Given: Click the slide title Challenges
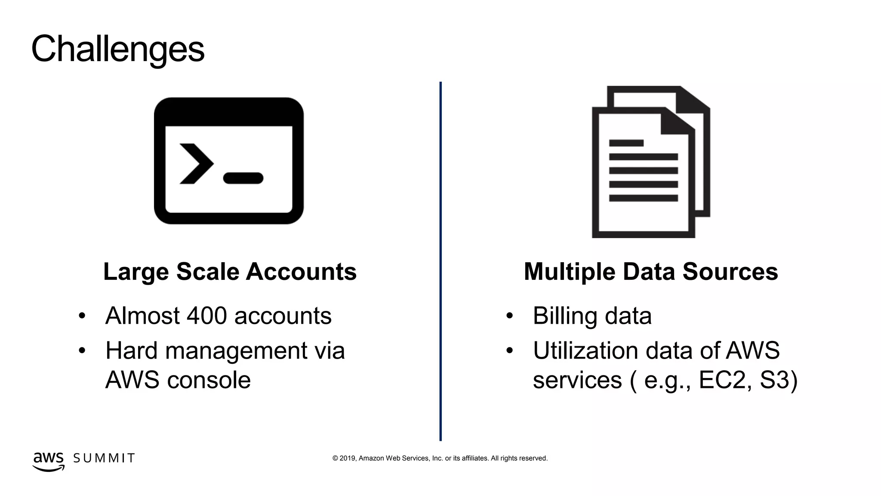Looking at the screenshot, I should point(118,49).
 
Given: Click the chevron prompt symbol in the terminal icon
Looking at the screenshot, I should point(196,164).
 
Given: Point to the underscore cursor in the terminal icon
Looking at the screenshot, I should point(243,178).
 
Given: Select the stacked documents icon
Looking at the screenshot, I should point(650,162).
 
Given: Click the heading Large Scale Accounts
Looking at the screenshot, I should point(230,272).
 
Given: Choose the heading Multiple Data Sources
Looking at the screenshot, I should point(651,272).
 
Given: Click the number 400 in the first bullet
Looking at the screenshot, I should point(206,316).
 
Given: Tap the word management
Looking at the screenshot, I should point(236,350).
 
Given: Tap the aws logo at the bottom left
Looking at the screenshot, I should point(48,461).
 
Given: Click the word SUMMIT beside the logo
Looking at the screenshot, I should point(104,458).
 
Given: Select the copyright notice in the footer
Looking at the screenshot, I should point(440,458).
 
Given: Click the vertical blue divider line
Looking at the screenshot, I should point(440,261).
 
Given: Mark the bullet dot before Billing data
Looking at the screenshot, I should point(510,316).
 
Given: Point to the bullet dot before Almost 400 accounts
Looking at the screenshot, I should point(82,316).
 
